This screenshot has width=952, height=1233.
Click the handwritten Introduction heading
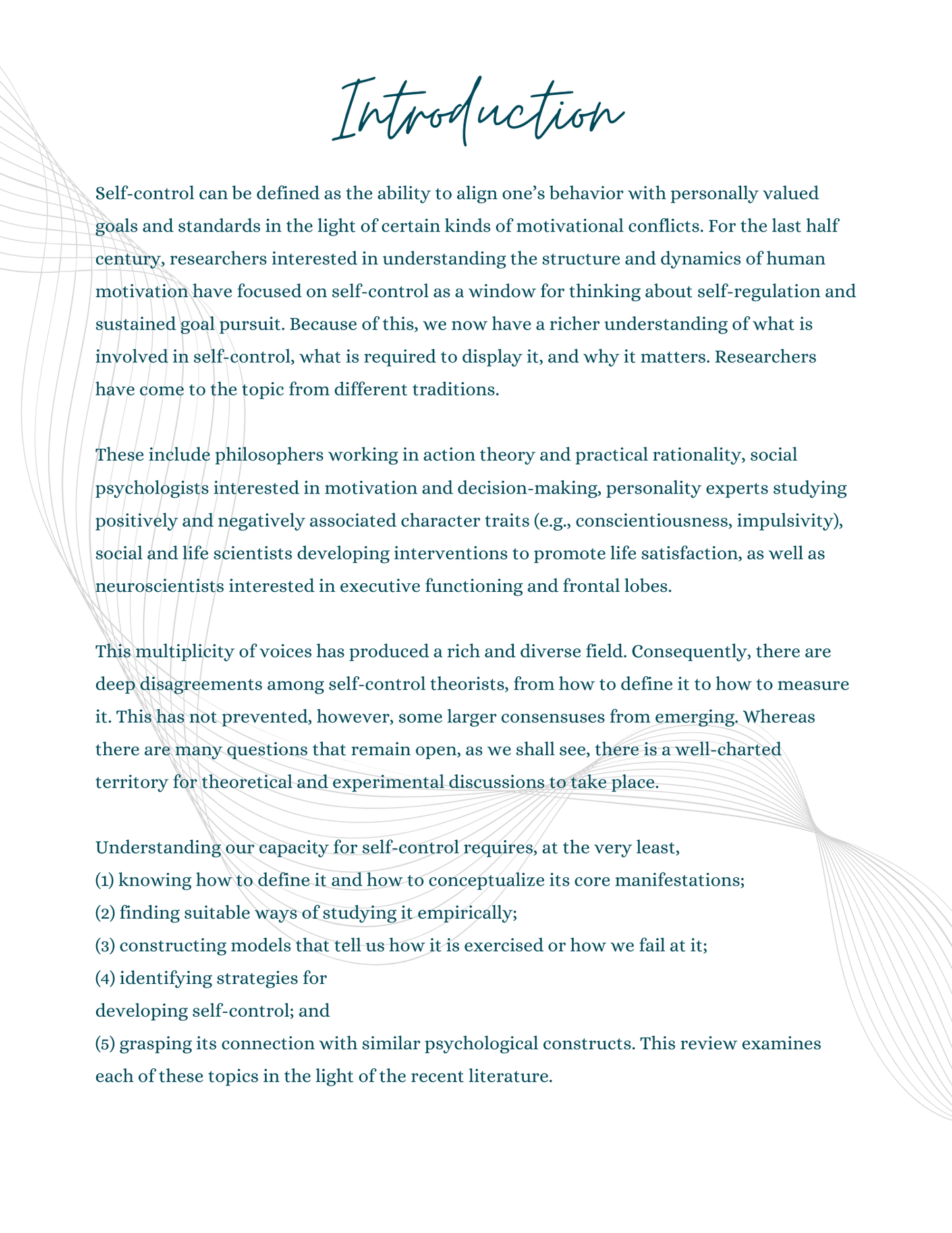pos(478,110)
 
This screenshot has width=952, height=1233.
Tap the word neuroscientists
pos(159,586)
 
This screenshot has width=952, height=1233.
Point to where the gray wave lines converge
pos(816,830)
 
